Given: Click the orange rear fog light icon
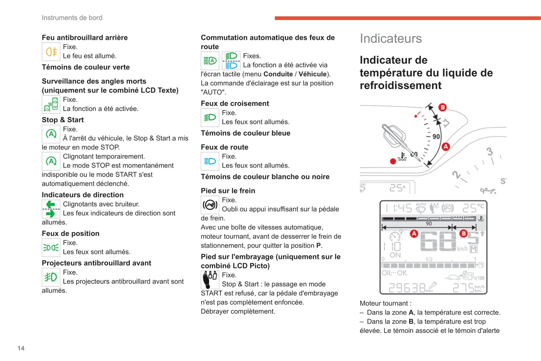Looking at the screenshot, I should click(x=51, y=52).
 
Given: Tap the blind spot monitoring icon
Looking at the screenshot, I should click(x=51, y=104).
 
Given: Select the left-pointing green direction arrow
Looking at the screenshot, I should click(x=51, y=204).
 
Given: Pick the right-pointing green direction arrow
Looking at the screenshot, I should click(x=51, y=214).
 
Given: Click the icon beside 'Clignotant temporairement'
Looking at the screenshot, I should click(x=51, y=161).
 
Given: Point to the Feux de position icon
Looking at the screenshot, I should click(x=51, y=248).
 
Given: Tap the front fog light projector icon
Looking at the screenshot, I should click(x=51, y=277).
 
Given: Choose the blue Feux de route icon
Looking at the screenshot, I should click(x=210, y=161).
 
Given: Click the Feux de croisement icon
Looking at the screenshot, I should click(x=210, y=118).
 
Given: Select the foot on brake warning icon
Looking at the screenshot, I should click(x=210, y=205).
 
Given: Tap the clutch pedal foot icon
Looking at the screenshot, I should click(x=210, y=280).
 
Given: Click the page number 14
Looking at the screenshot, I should click(x=21, y=348).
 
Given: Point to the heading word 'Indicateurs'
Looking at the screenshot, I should click(x=390, y=39).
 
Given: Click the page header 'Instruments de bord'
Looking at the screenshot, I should click(x=72, y=18).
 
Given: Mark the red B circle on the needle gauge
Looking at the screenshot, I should click(x=443, y=107).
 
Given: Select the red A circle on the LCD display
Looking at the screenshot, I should click(x=414, y=234).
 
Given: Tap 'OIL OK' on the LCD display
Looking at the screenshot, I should click(x=394, y=273).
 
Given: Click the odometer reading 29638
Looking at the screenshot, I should click(x=407, y=288).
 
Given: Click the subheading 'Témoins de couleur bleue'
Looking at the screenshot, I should click(x=245, y=133).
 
